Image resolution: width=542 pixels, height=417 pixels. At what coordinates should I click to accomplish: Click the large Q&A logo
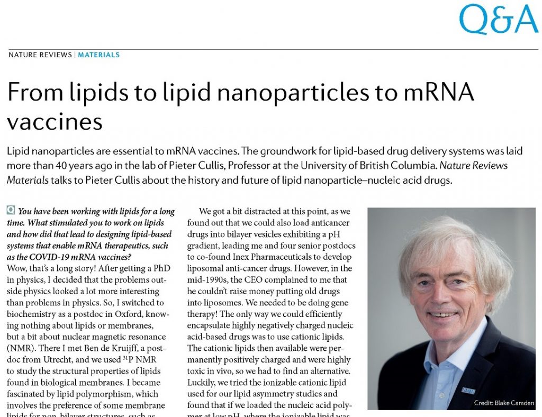pyautogui.click(x=498, y=20)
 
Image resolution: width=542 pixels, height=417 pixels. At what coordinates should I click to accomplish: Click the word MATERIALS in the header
pyautogui.click(x=99, y=55)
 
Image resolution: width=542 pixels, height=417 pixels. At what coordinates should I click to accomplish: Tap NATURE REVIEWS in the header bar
pyautogui.click(x=40, y=55)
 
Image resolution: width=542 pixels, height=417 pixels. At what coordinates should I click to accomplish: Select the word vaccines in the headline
pyautogui.click(x=55, y=122)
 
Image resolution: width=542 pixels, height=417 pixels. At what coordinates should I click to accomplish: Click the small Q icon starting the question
pyautogui.click(x=11, y=211)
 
